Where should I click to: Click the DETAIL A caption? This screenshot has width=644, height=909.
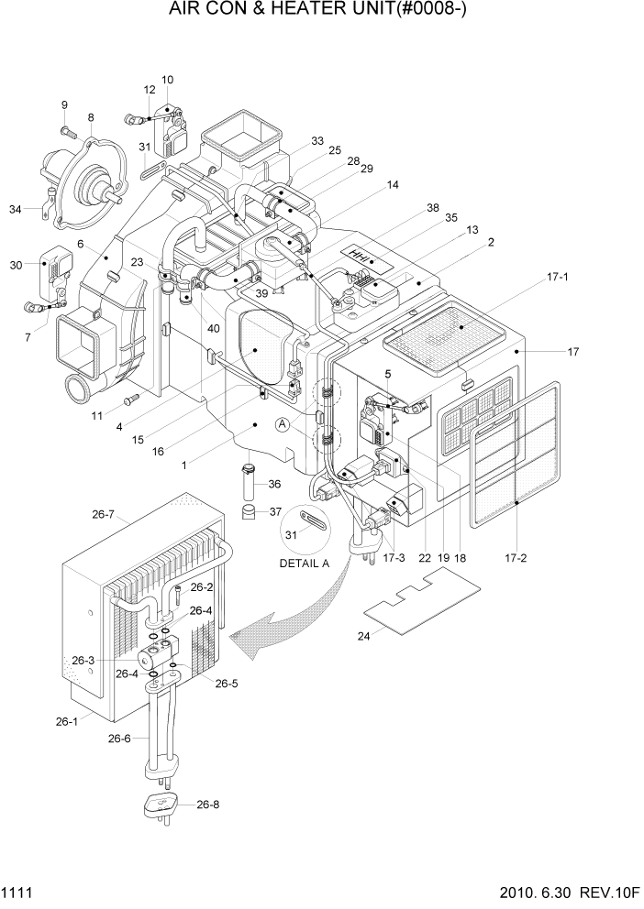304,564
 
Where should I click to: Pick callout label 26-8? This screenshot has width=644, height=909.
209,805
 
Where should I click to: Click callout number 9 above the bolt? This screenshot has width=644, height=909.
64,104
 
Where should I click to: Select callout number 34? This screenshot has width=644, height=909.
15,210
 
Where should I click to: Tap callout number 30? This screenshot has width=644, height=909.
15,266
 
